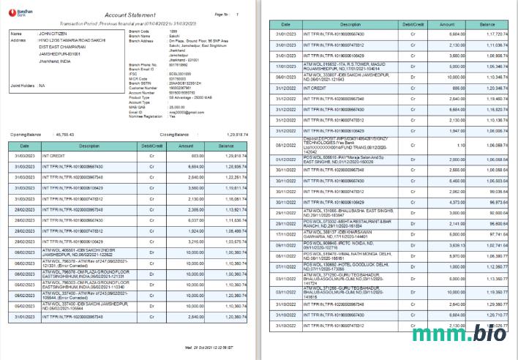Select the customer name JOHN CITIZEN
click(54, 34)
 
